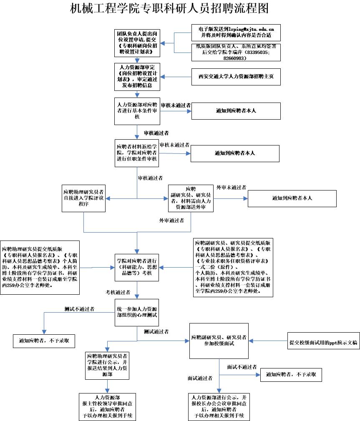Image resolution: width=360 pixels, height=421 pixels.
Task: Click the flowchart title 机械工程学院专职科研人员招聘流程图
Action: point(169,8)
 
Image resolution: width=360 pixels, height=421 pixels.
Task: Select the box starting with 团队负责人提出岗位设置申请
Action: point(138,43)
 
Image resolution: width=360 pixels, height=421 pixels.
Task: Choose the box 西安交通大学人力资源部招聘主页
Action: point(236,77)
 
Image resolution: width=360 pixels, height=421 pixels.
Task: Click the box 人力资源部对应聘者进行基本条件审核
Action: point(137,111)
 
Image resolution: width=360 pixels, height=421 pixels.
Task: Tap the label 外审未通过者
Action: point(231,188)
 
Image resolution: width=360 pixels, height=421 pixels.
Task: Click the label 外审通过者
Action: point(171,220)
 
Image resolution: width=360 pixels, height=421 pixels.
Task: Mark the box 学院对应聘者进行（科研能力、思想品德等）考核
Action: point(137,267)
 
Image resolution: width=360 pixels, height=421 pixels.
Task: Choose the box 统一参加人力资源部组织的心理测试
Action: point(137,313)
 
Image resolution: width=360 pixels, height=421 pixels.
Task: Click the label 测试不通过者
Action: point(79,309)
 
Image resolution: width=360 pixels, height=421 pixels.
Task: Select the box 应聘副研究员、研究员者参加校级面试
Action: point(219,340)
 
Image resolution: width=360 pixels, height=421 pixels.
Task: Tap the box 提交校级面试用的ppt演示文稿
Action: point(323,343)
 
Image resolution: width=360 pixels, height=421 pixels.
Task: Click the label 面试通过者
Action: point(200,378)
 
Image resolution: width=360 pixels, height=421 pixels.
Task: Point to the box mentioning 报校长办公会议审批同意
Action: point(219,406)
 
